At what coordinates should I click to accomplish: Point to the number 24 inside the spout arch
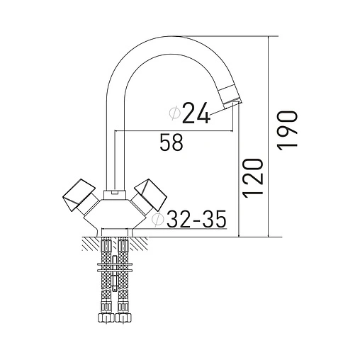tap(196, 113)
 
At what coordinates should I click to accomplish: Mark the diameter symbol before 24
tap(174, 113)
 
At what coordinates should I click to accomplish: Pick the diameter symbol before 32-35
tap(158, 220)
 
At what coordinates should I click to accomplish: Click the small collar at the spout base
tap(111, 193)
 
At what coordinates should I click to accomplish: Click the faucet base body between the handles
tap(113, 213)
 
